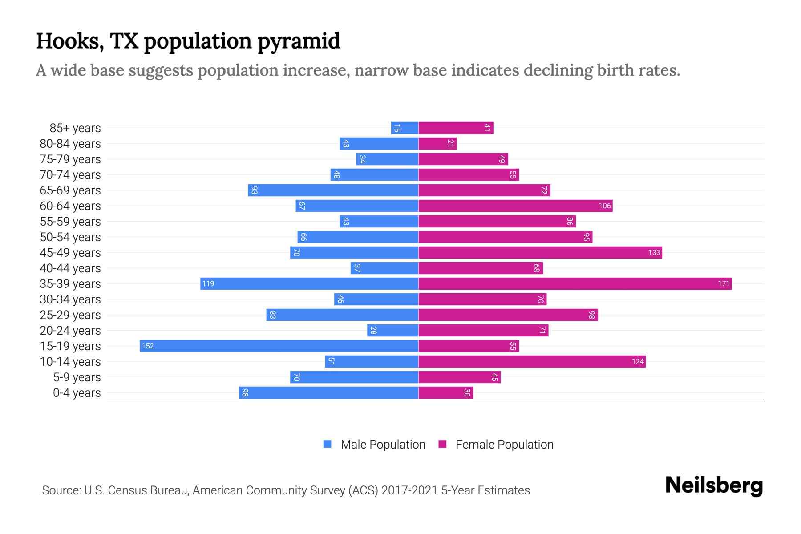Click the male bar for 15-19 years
click(x=279, y=346)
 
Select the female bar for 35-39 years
click(x=575, y=283)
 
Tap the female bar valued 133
click(x=540, y=252)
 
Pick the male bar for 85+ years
click(x=405, y=128)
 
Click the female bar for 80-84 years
click(x=437, y=143)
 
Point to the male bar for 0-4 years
click(x=328, y=392)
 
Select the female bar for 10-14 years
click(x=532, y=361)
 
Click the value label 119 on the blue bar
click(x=208, y=283)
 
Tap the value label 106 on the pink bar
click(x=604, y=206)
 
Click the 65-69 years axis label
click(x=70, y=190)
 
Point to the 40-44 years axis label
click(x=70, y=268)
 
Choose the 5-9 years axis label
click(x=77, y=377)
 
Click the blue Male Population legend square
click(x=328, y=444)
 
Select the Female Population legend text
click(x=504, y=444)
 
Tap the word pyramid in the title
click(x=299, y=41)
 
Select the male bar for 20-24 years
click(x=392, y=330)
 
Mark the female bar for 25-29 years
click(x=508, y=315)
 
